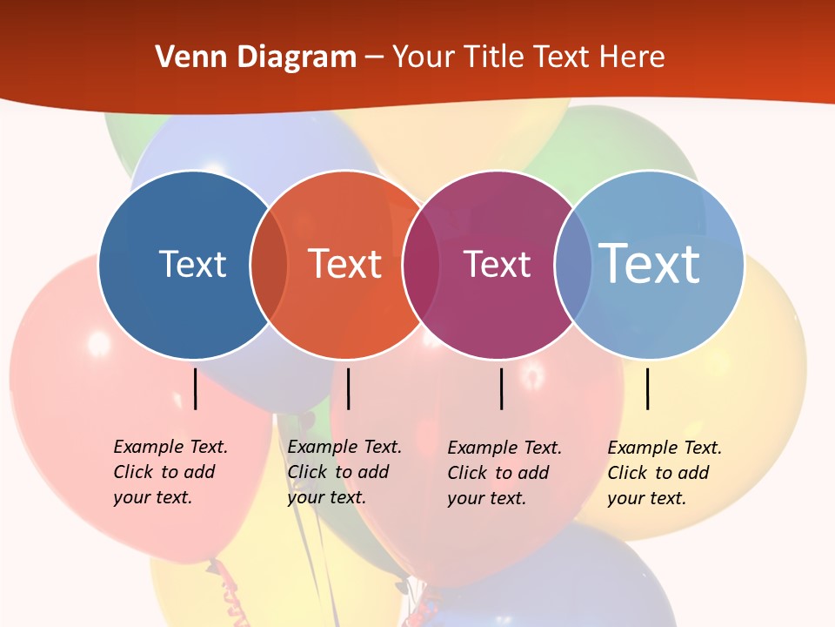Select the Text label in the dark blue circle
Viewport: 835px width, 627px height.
192,264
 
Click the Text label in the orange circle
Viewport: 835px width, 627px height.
344,264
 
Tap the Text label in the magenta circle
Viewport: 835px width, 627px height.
497,264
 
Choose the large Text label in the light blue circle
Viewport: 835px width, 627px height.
650,264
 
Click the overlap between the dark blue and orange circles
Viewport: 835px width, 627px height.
269,264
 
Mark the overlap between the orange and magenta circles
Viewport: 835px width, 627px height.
421,264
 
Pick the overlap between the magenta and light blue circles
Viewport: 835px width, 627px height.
571,264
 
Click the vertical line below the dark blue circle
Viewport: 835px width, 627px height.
196,388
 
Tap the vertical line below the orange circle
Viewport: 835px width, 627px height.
348,388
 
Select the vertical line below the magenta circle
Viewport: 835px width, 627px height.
501,388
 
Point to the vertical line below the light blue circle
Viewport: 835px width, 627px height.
647,388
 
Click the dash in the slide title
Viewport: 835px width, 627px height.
374,57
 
